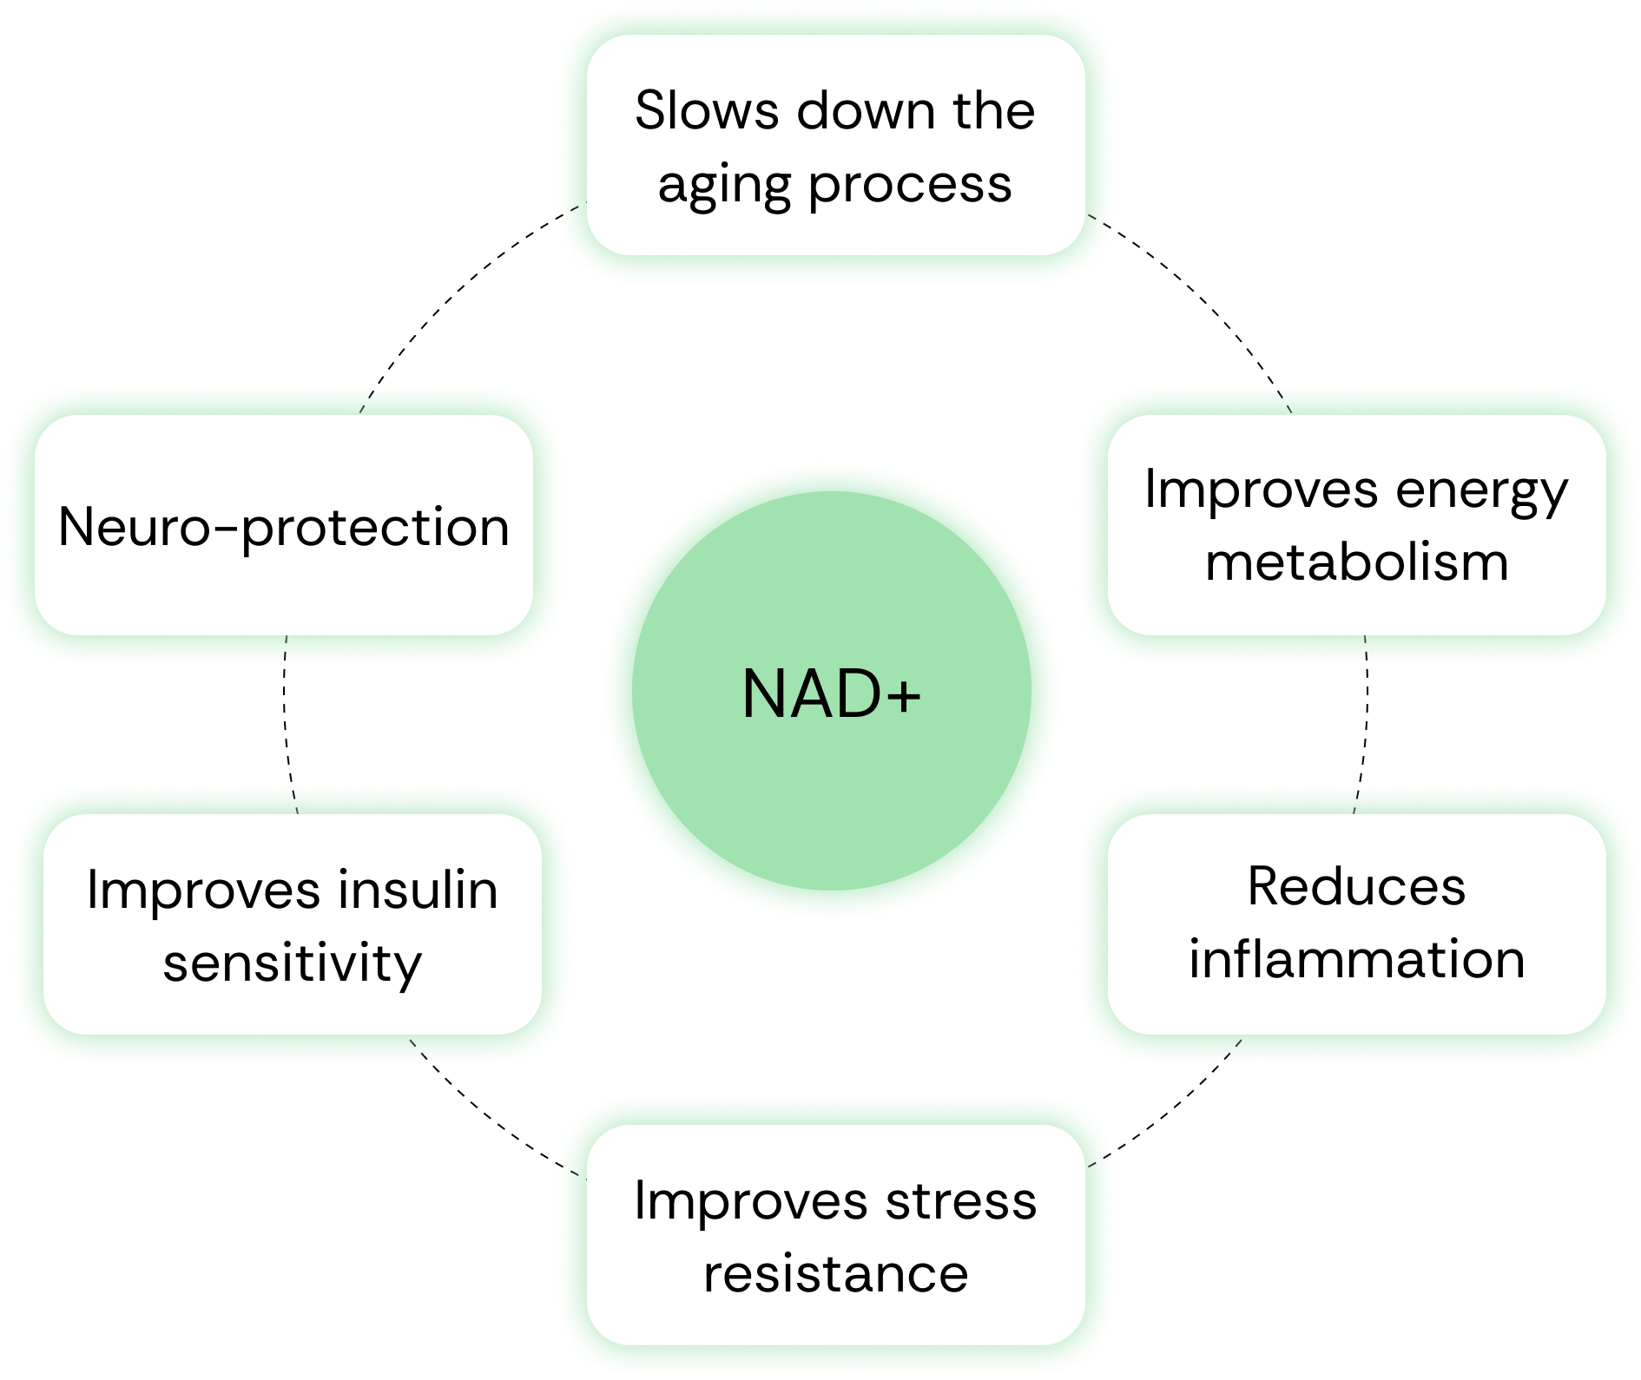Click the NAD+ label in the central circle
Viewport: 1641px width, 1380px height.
(x=831, y=694)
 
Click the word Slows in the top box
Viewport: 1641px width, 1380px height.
(x=707, y=111)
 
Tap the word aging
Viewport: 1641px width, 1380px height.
(x=725, y=186)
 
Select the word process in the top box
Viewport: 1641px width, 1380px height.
(x=910, y=186)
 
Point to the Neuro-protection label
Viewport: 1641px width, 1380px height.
(x=284, y=527)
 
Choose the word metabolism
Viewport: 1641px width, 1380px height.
(x=1356, y=562)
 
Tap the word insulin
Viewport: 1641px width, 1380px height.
(x=418, y=890)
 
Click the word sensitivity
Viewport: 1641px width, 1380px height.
(x=293, y=963)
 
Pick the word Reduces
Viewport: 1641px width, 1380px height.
(x=1356, y=887)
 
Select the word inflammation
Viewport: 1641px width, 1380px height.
(x=1356, y=960)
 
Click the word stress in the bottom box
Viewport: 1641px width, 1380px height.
(x=960, y=1201)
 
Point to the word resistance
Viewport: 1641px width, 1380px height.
(x=835, y=1274)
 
